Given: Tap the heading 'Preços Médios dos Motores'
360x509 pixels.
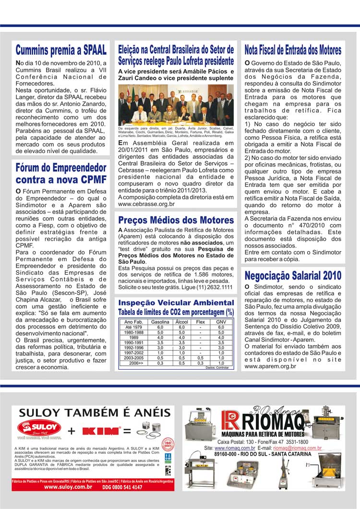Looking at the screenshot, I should [176, 220].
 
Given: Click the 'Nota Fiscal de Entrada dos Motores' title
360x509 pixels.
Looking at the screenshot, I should [293, 50].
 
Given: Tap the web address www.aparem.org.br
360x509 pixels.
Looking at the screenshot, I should [270, 366].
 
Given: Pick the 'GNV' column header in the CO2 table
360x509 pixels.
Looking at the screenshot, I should [221, 322].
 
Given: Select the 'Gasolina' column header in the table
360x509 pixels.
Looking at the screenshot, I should [160, 322].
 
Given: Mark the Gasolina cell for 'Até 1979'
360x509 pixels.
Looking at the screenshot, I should [160, 327].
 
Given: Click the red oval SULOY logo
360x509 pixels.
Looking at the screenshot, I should [39, 427].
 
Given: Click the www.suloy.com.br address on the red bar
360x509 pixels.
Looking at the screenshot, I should [68, 487].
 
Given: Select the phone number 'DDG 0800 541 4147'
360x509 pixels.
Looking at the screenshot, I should [122, 487].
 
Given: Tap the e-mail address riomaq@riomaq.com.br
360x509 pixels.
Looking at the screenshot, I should [296, 448].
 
